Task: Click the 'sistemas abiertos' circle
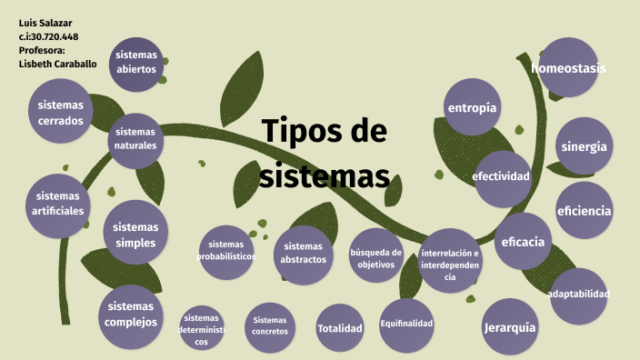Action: pos(135,63)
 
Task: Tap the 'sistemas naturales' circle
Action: pos(135,139)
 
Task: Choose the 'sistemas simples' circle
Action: pos(135,235)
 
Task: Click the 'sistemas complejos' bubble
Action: pos(131,314)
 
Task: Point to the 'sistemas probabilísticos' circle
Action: pos(226,251)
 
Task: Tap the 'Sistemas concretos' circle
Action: pos(270,326)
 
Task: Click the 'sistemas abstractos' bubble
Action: pos(303,253)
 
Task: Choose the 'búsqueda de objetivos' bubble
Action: pos(375,258)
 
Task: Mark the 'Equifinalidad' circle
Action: pos(406,325)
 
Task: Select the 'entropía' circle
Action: pos(473,108)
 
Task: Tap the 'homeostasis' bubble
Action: pos(568,68)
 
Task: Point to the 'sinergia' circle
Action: pos(584,146)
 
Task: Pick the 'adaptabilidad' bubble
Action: pos(578,295)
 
